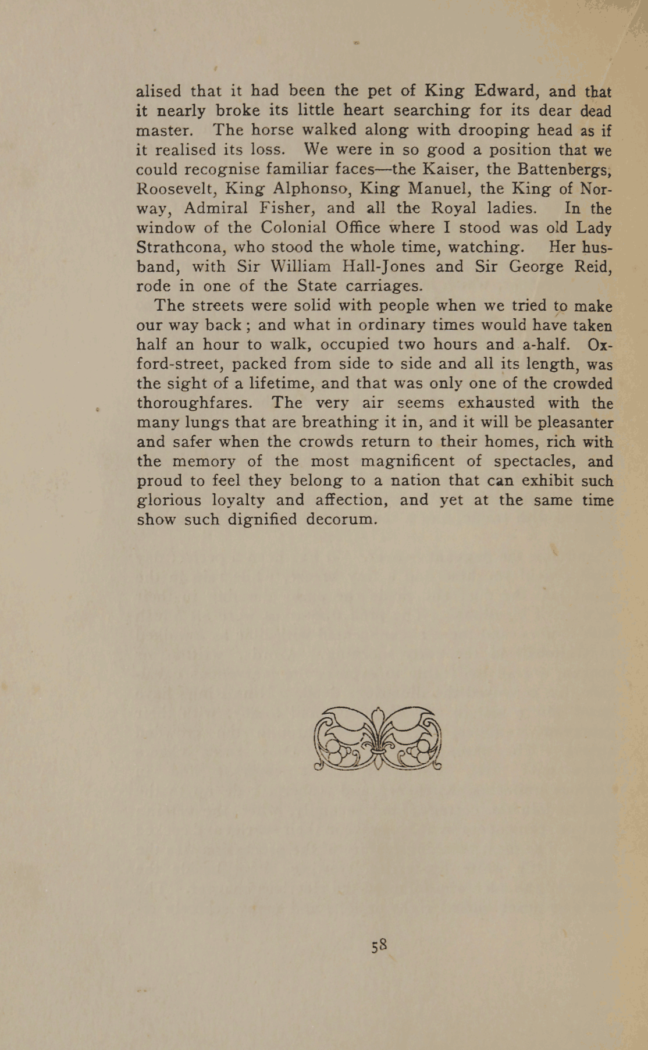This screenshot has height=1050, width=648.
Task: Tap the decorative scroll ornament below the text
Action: click(x=378, y=739)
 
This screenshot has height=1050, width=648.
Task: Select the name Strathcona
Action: click(x=180, y=247)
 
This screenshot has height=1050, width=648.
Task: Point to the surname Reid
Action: click(x=593, y=266)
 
